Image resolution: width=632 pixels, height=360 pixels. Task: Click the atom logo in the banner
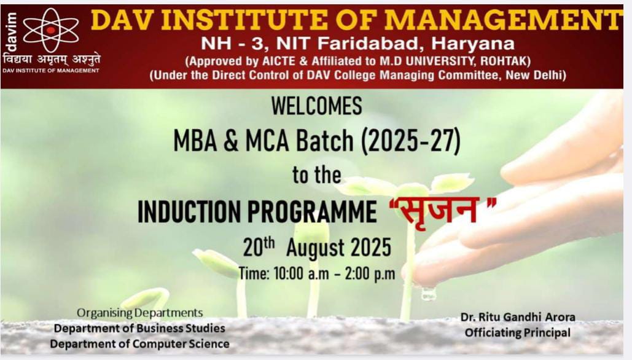tap(51, 30)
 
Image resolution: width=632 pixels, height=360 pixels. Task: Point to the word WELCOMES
tap(316, 106)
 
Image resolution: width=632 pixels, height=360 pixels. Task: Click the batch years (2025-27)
tap(411, 141)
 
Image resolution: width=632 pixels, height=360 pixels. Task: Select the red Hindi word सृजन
tap(442, 209)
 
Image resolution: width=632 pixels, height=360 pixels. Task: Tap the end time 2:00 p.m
tap(370, 274)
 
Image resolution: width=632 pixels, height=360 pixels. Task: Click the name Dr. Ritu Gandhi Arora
tap(518, 317)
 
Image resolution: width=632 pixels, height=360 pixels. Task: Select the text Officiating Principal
tap(518, 332)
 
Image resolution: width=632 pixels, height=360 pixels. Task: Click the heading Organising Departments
tap(140, 313)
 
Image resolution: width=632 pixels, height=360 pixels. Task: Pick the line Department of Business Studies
tap(139, 328)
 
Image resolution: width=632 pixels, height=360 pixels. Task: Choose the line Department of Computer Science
tap(139, 344)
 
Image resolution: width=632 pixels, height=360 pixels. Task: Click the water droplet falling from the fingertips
tap(429, 294)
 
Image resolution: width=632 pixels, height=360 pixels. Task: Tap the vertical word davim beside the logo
tap(10, 32)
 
